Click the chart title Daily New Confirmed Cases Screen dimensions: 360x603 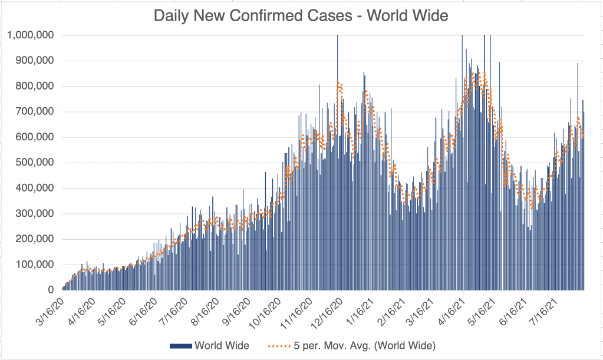[301, 16]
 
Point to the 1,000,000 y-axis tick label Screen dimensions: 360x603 [31, 35]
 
